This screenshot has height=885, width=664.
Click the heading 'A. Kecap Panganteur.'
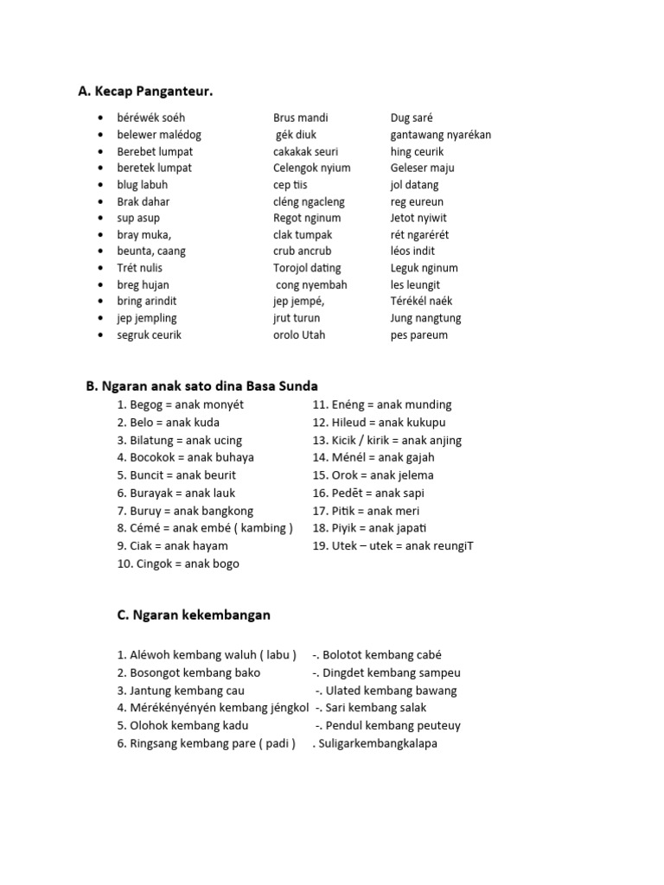(x=145, y=91)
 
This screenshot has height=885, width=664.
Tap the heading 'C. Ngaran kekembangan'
(x=194, y=615)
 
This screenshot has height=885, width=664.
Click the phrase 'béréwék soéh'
(x=151, y=118)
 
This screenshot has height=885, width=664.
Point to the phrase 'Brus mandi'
(x=301, y=118)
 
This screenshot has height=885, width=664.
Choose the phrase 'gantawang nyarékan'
(x=441, y=135)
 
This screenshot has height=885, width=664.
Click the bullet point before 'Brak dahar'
(x=102, y=201)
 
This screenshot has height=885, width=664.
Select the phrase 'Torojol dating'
(x=307, y=268)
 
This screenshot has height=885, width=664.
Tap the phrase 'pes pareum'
(x=419, y=334)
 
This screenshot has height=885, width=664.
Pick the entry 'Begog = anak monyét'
(x=181, y=404)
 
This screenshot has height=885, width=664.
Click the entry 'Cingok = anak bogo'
(x=178, y=563)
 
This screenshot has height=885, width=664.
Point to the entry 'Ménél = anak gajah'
(x=373, y=457)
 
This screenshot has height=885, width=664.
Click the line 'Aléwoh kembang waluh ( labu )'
(x=207, y=655)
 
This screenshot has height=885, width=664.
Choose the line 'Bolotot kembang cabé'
(x=377, y=655)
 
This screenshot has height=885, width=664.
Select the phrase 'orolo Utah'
(x=299, y=334)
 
